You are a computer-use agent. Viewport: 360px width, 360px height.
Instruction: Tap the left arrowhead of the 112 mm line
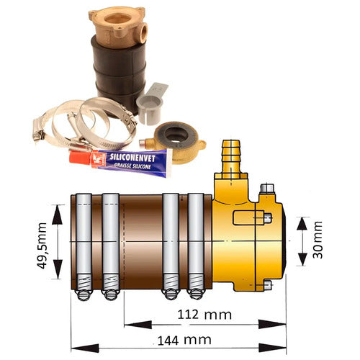(127, 325)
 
